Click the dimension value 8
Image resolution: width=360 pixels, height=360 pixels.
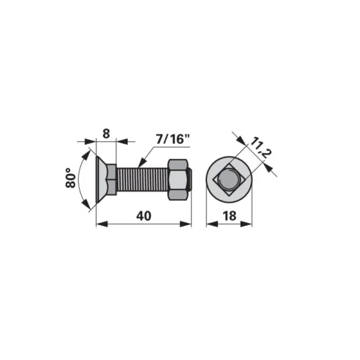pyautogui.click(x=106, y=134)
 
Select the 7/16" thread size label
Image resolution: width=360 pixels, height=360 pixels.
pyautogui.click(x=173, y=139)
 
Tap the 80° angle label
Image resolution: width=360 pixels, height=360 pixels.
pyautogui.click(x=71, y=178)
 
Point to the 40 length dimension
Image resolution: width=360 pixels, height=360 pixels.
pyautogui.click(x=144, y=216)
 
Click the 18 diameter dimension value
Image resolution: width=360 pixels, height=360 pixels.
pyautogui.click(x=229, y=216)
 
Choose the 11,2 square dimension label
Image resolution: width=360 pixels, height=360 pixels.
pyautogui.click(x=260, y=148)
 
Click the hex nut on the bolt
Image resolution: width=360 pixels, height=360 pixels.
pyautogui.click(x=178, y=180)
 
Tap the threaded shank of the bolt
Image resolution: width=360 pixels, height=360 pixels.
pyautogui.click(x=142, y=180)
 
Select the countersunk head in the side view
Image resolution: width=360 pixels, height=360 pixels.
pyautogui.click(x=101, y=179)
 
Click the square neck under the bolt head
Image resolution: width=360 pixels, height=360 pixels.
pyautogui.click(x=112, y=179)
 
